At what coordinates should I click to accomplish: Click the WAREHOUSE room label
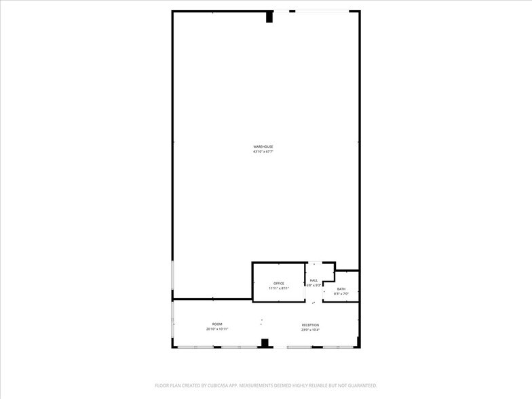pyautogui.click(x=263, y=147)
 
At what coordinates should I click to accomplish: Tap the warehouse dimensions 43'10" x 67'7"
pyautogui.click(x=263, y=151)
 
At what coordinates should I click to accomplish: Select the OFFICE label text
pyautogui.click(x=278, y=284)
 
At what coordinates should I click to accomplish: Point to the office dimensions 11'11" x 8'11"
pyautogui.click(x=278, y=288)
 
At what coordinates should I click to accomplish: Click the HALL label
pyautogui.click(x=313, y=280)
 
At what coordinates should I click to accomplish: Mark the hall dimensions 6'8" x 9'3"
pyautogui.click(x=313, y=285)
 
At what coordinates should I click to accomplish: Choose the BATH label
pyautogui.click(x=341, y=289)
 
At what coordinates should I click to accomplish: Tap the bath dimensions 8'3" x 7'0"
pyautogui.click(x=341, y=294)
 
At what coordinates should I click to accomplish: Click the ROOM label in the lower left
pyautogui.click(x=217, y=324)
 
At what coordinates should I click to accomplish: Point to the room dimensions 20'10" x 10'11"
pyautogui.click(x=217, y=329)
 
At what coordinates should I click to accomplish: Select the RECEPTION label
pyautogui.click(x=310, y=325)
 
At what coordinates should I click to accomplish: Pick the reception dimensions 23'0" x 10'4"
pyautogui.click(x=310, y=330)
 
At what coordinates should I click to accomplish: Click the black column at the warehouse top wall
pyautogui.click(x=269, y=17)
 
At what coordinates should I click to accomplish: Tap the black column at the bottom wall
pyautogui.click(x=265, y=343)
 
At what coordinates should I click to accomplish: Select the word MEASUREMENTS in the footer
pyautogui.click(x=261, y=385)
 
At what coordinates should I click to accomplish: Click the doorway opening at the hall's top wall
pyautogui.click(x=314, y=263)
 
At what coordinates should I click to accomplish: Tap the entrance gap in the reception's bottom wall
pyautogui.click(x=280, y=347)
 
